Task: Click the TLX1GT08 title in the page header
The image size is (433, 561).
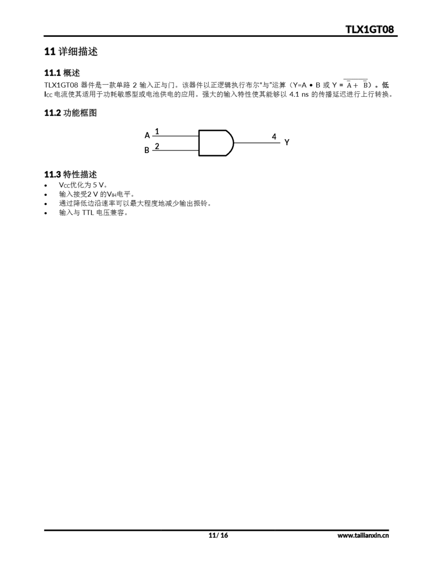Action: (369, 30)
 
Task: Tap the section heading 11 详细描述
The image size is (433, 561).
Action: (71, 51)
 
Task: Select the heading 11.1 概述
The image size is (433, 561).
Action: (62, 73)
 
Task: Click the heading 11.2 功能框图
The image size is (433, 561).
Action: (70, 113)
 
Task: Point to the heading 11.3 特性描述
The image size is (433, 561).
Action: (70, 174)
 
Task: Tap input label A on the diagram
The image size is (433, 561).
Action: (147, 135)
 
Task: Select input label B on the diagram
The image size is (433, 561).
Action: (147, 150)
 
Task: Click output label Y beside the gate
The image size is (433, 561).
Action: (287, 142)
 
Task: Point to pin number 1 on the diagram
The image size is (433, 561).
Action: (157, 131)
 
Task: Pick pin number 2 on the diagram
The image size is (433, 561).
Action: (157, 146)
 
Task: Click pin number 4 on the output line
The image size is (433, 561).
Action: (274, 137)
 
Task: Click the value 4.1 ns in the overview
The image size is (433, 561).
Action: (299, 94)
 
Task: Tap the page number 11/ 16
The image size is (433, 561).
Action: (218, 535)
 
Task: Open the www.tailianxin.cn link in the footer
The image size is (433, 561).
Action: (363, 535)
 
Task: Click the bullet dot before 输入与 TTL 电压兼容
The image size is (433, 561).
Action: (46, 213)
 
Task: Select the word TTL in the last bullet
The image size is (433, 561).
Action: (88, 213)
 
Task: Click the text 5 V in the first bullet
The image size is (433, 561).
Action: (98, 185)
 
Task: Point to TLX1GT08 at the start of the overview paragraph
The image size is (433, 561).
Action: (61, 85)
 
